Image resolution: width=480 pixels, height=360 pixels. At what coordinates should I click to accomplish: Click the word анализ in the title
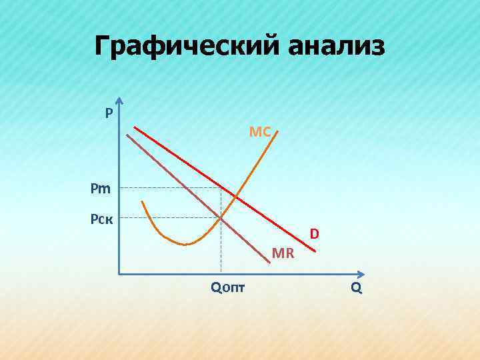(x=337, y=47)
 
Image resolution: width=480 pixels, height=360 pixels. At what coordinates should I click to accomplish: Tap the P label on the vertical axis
(x=108, y=113)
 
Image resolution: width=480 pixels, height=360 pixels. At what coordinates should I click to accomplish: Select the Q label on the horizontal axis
(x=356, y=288)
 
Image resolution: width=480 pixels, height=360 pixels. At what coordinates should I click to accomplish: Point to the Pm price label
(x=101, y=189)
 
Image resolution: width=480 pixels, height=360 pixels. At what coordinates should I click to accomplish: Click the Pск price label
(x=101, y=218)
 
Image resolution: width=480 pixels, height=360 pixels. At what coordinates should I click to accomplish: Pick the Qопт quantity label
(x=227, y=288)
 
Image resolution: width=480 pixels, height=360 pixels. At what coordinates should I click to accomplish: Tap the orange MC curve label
(x=260, y=132)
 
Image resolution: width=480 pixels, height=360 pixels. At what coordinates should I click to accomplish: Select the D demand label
(x=314, y=234)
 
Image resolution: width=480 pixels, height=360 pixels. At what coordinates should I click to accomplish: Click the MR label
(x=283, y=253)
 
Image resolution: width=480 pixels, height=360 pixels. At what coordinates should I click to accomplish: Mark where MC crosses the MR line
(x=221, y=217)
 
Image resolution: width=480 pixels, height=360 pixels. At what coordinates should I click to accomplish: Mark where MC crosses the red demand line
(x=233, y=195)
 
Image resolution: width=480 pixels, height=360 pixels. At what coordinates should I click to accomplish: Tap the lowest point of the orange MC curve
(x=186, y=245)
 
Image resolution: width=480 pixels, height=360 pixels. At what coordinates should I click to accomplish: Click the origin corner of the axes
(x=119, y=273)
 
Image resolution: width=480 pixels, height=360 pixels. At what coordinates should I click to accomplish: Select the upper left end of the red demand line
(x=134, y=127)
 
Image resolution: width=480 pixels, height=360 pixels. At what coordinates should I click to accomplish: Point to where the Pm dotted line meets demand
(x=221, y=187)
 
